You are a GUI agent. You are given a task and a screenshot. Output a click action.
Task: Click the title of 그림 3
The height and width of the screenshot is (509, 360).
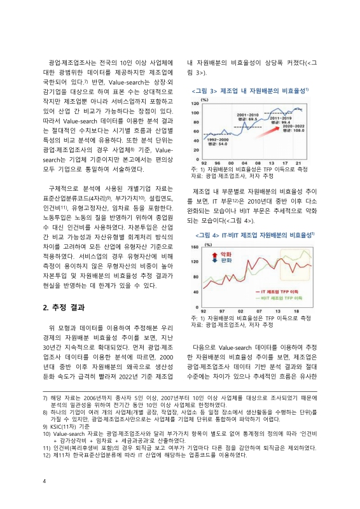251,91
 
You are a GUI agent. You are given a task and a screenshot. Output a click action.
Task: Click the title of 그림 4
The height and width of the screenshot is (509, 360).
251,235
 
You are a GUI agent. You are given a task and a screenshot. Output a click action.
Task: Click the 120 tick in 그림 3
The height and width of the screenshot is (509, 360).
195,106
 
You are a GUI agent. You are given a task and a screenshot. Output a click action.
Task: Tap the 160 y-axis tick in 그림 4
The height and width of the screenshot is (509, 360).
195,246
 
